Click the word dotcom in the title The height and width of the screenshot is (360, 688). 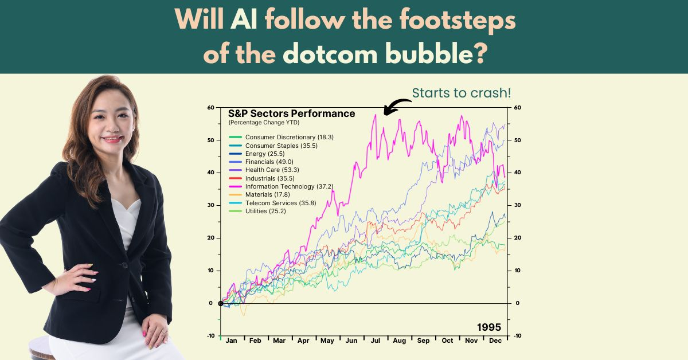point(330,53)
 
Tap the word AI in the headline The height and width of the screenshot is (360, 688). point(244,19)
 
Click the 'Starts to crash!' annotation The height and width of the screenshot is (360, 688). point(462,93)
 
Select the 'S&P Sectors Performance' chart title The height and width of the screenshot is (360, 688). point(291,114)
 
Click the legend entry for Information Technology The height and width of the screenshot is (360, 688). point(281,186)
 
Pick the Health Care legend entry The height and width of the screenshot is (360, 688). point(264,170)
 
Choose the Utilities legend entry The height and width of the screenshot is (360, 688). point(257,211)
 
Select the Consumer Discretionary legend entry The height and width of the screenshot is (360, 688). point(281,137)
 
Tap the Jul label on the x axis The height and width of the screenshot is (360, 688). point(376,341)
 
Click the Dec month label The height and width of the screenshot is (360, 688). point(495,341)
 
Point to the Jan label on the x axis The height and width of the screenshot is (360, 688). point(231,341)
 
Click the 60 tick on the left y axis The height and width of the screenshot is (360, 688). point(211,108)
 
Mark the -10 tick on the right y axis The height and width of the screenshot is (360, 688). point(518,336)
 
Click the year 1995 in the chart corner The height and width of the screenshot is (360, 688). point(489,327)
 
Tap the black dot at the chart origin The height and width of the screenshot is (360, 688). point(221,303)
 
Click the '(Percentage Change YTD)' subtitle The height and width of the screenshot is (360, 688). point(264,123)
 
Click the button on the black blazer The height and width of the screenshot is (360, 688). point(124,265)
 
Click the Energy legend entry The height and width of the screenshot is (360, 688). point(257,154)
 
